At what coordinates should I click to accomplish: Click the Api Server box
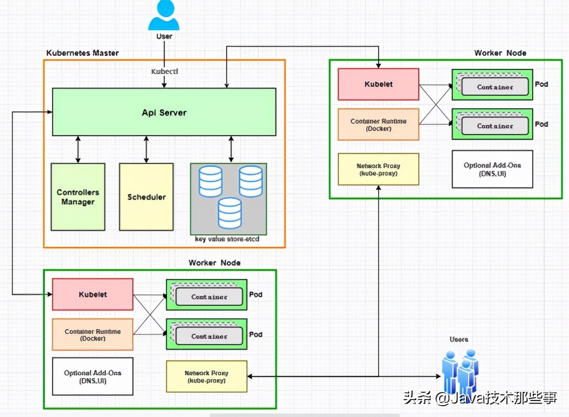164,112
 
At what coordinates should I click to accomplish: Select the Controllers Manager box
78,197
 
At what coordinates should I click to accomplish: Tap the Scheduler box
146,197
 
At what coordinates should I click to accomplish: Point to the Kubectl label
164,71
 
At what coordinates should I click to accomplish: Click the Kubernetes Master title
82,53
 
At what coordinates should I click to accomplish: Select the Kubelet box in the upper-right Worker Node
379,84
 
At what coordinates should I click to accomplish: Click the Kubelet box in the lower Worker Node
93,294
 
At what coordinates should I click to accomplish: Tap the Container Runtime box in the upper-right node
379,124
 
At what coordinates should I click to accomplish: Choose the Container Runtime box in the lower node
93,335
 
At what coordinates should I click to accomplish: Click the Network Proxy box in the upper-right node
379,169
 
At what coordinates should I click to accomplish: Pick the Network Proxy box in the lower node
206,376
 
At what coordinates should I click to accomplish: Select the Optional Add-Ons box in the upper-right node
492,169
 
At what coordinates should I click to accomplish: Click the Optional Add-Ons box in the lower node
93,376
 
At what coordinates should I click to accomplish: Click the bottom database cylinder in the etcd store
230,213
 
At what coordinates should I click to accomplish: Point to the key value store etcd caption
227,240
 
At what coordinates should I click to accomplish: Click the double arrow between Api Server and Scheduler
146,150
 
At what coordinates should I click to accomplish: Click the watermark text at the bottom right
480,398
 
